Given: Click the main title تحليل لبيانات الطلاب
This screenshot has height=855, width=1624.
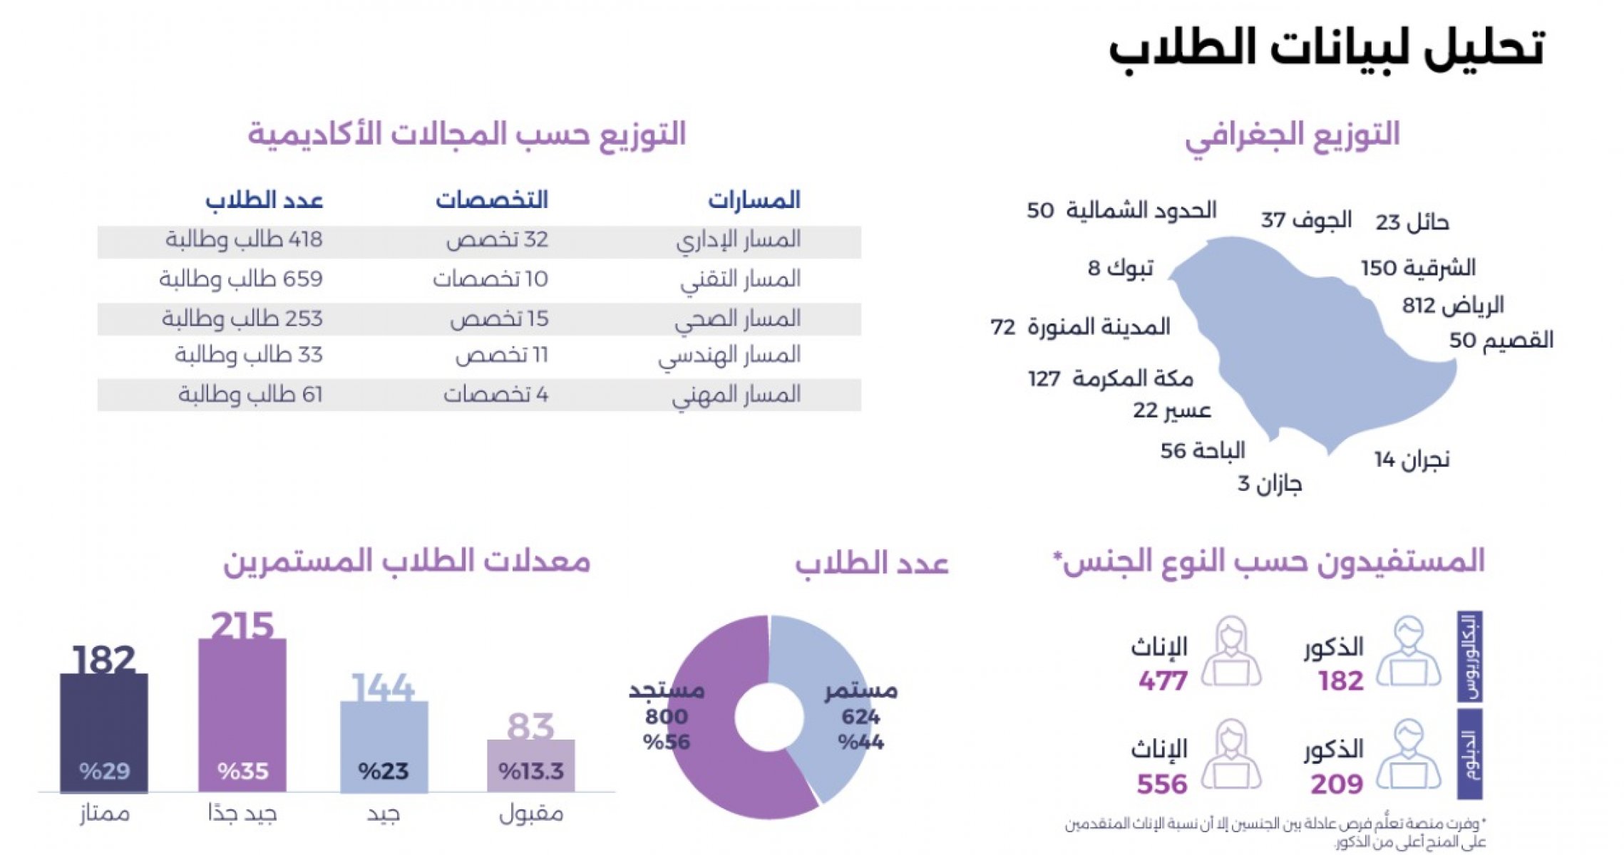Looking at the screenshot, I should [x=1326, y=48].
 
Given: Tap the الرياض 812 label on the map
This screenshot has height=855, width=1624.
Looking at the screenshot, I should [x=1453, y=306].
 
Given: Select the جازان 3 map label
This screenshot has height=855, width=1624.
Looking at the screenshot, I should [x=1270, y=484].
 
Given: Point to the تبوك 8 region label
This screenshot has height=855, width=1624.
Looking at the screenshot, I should [x=1120, y=268].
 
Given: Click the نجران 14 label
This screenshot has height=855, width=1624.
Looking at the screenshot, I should [x=1412, y=460].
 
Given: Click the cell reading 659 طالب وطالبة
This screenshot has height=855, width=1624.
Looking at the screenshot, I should [x=241, y=279].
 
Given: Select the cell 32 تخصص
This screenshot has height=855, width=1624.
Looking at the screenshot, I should [x=497, y=239].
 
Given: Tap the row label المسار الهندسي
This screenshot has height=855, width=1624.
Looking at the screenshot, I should [x=729, y=355].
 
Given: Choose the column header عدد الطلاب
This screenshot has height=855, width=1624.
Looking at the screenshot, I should [x=264, y=200].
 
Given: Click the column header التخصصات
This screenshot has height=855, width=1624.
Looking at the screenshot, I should [x=492, y=200].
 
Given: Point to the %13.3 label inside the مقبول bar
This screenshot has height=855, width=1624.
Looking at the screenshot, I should [x=531, y=771].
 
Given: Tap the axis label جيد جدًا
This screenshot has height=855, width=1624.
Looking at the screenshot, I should [x=242, y=814].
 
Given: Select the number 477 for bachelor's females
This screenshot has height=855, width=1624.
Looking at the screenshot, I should [x=1163, y=681].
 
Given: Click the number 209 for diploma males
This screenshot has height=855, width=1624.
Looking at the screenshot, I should [x=1337, y=784].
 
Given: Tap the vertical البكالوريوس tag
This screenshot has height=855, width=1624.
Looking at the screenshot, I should [x=1470, y=656].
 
